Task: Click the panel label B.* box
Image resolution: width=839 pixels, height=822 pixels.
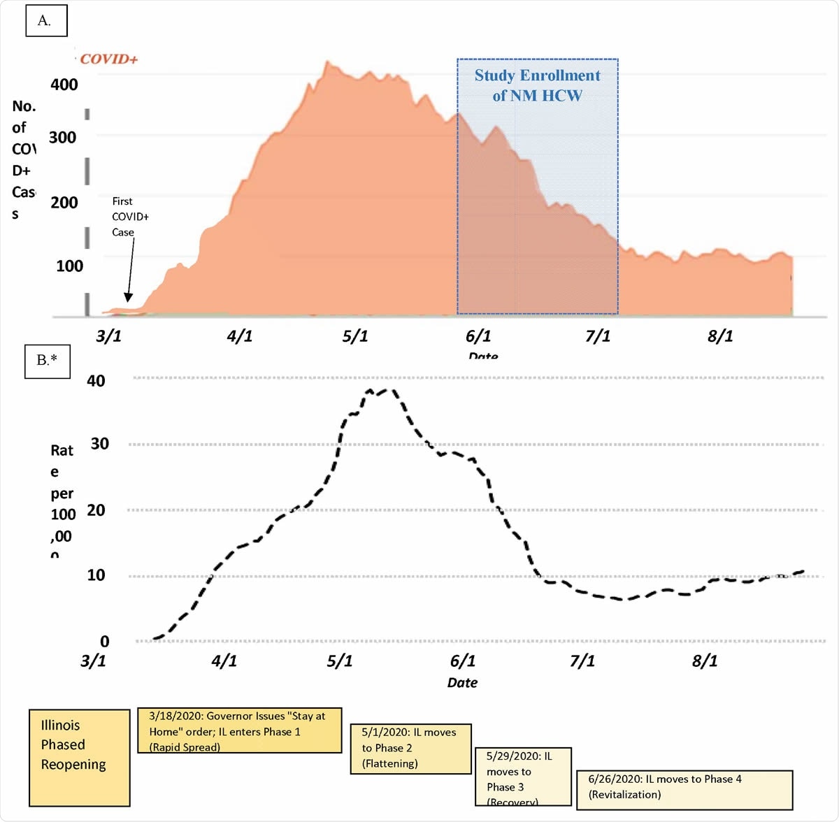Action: (x=48, y=360)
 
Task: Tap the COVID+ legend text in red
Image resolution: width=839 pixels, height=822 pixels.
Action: (x=108, y=59)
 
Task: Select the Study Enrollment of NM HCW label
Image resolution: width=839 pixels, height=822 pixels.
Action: (x=537, y=85)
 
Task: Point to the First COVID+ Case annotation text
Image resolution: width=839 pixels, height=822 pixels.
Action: (x=129, y=217)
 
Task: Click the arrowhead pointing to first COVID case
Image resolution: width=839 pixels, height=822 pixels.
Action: (x=128, y=298)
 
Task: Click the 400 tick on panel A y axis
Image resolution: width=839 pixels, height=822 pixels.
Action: (x=64, y=85)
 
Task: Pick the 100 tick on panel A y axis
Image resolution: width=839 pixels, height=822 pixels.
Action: (x=69, y=266)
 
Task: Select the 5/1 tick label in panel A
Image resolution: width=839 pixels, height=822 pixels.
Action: (x=354, y=336)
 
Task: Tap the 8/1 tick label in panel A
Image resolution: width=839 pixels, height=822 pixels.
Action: (x=720, y=336)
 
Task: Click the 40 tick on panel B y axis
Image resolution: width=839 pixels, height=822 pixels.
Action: (x=96, y=381)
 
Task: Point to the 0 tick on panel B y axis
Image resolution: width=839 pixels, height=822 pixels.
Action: (x=104, y=642)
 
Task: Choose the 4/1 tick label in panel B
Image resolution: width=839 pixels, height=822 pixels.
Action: (x=224, y=661)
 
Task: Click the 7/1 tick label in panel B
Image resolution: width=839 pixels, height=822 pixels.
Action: (x=582, y=661)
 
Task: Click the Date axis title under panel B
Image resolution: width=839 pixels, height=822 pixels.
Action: (x=462, y=683)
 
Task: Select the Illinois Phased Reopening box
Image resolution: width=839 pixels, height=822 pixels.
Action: (x=79, y=758)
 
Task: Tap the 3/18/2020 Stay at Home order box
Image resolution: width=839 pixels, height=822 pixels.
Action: (x=239, y=730)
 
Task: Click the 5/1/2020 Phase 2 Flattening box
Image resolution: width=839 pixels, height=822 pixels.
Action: (x=410, y=749)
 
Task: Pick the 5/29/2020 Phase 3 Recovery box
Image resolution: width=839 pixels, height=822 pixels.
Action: (x=524, y=777)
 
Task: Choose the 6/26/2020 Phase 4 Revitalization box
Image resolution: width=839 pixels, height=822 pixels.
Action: (x=684, y=790)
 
